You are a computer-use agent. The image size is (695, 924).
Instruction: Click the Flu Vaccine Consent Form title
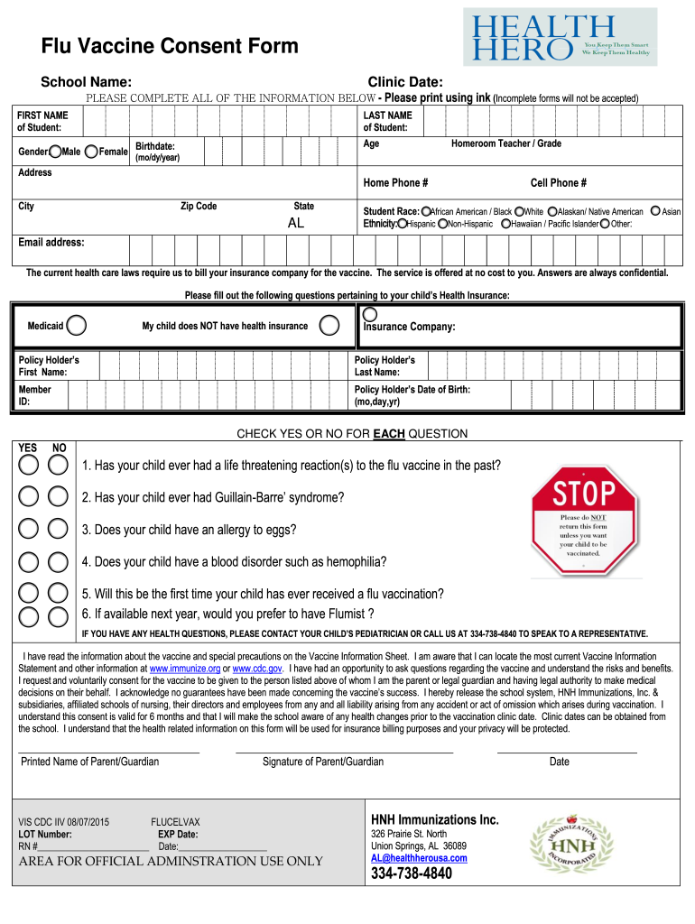pos(170,47)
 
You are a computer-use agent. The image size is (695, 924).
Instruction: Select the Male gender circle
pos(56,151)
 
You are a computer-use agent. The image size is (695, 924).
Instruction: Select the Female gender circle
pos(91,151)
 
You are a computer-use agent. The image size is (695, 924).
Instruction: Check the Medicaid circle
pos(78,325)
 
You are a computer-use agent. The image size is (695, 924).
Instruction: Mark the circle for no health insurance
pos(330,325)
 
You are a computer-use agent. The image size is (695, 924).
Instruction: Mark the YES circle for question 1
pos(29,465)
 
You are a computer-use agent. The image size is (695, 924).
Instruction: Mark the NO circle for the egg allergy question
pos(59,529)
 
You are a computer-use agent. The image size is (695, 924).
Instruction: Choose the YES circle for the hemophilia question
pos(29,560)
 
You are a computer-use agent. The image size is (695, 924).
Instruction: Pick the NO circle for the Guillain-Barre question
pos(59,496)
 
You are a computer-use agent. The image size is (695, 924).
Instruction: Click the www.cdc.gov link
pos(257,669)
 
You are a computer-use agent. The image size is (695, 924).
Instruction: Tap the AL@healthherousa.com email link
pos(419,858)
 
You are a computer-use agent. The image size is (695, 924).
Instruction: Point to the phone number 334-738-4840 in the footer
pos(412,874)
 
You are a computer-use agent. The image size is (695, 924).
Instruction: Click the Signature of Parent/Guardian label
pos(322,762)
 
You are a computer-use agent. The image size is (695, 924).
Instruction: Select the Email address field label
pos(51,243)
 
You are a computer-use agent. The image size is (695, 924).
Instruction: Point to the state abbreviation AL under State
pos(296,223)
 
